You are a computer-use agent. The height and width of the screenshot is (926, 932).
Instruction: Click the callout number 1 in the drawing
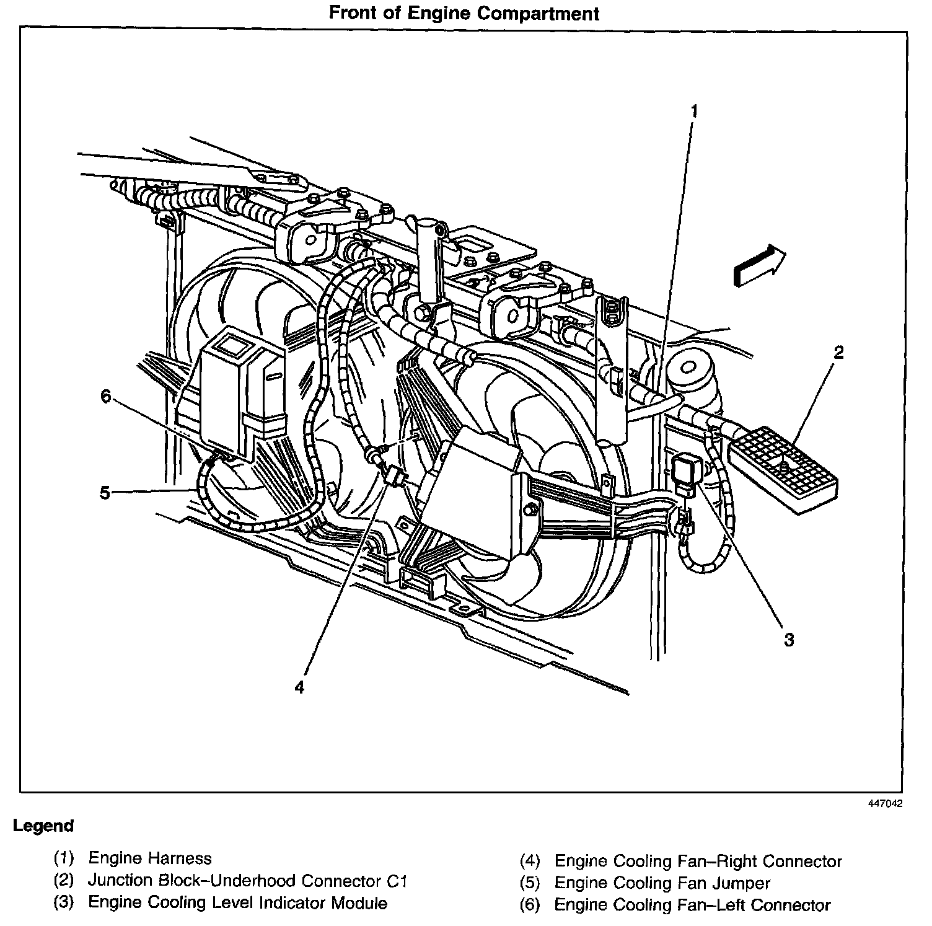(694, 112)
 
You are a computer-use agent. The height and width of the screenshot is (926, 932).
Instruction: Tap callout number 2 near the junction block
(838, 353)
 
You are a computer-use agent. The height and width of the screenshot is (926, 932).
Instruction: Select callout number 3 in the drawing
(788, 640)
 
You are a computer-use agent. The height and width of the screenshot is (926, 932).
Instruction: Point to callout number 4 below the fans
(300, 687)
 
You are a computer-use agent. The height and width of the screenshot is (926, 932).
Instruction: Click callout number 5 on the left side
(105, 493)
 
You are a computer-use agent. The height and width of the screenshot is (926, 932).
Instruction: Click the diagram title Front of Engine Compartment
(464, 13)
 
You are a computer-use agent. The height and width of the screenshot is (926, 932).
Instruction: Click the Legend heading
(43, 826)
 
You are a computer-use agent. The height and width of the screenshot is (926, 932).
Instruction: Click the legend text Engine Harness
(150, 858)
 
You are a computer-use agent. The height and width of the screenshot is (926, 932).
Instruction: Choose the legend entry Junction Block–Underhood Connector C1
(248, 880)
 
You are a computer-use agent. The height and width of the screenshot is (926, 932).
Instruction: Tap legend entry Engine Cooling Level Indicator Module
(238, 902)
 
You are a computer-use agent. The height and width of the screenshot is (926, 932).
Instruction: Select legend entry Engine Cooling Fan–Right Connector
(698, 862)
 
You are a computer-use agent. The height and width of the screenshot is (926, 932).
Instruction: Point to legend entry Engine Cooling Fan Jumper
(662, 883)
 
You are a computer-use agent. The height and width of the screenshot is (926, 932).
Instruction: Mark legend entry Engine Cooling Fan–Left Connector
(692, 906)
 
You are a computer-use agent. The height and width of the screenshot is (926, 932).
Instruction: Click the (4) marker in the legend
(530, 862)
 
